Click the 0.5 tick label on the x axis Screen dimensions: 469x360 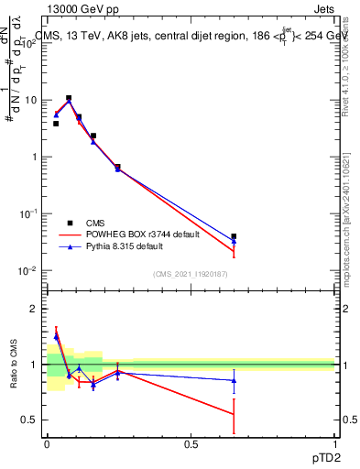point(191,444)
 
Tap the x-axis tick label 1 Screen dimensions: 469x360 point(334,444)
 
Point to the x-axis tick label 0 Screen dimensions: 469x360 point(47,444)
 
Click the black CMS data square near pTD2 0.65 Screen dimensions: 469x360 point(234,236)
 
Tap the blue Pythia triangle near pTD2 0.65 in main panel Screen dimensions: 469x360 point(234,242)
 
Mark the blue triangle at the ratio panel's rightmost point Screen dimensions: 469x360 point(234,380)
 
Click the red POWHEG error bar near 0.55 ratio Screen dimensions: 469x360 point(234,415)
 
